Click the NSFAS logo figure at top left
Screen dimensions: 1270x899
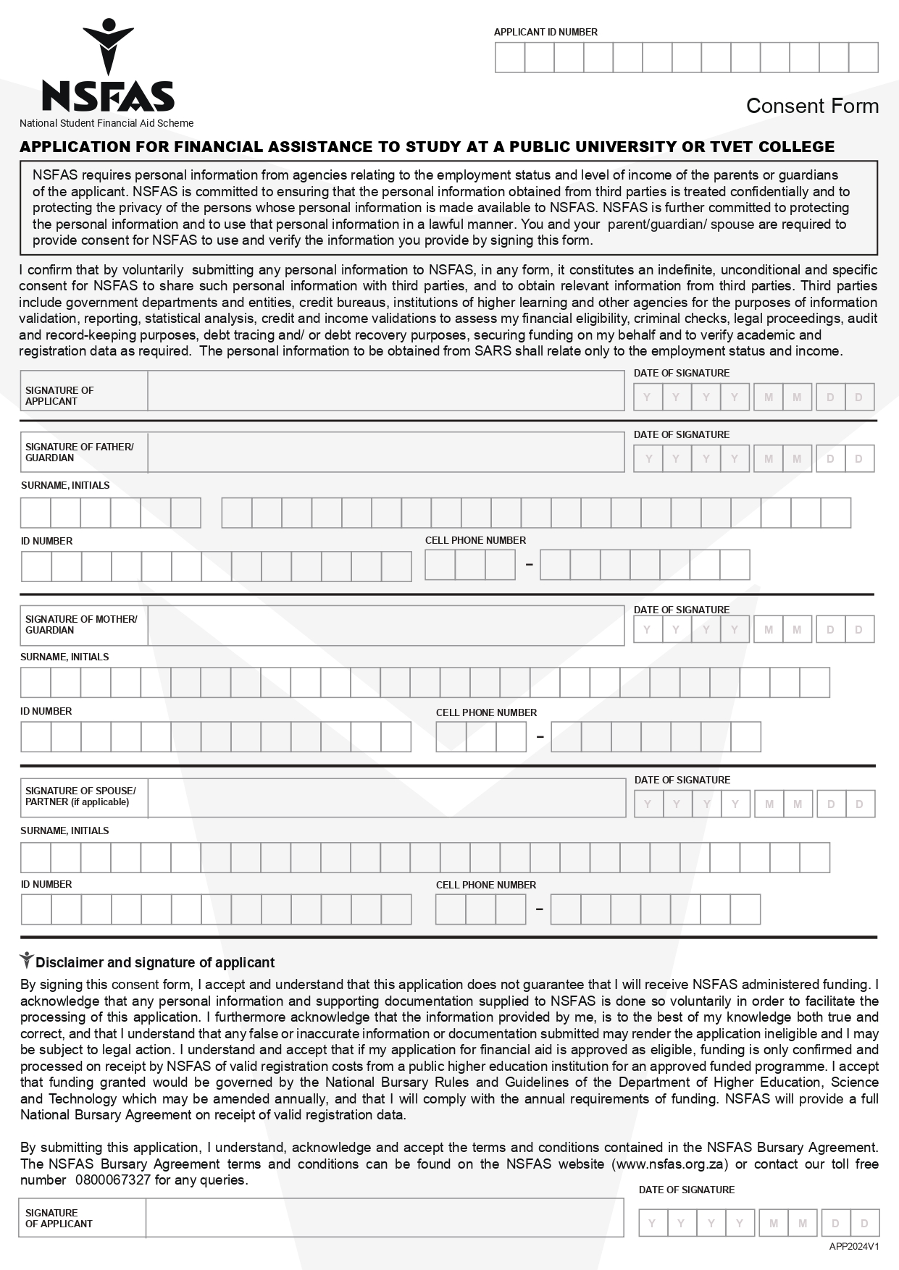coord(108,46)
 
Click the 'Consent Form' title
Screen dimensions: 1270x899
coord(811,106)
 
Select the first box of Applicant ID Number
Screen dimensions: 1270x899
coord(509,57)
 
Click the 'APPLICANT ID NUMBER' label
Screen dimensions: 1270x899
coord(545,32)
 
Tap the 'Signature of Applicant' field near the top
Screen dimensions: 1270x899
coord(385,391)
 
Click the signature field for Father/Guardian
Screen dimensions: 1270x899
coord(385,453)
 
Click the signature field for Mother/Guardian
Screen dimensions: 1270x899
coord(385,626)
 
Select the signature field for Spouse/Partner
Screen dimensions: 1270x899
coord(386,798)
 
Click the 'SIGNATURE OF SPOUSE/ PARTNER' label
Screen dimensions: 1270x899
coord(80,796)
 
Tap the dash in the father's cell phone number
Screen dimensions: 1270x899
coord(529,565)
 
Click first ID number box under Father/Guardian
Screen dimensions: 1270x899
coord(36,566)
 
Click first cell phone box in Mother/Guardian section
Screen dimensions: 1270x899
coord(451,737)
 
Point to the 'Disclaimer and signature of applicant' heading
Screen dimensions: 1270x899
coord(155,962)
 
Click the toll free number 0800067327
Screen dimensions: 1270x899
coord(113,1179)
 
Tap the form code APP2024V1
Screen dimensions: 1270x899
coord(853,1246)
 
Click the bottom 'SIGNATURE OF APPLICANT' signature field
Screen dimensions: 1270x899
coord(384,1217)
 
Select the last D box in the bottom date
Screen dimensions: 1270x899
coord(864,1223)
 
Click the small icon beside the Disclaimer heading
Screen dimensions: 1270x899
coord(27,961)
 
